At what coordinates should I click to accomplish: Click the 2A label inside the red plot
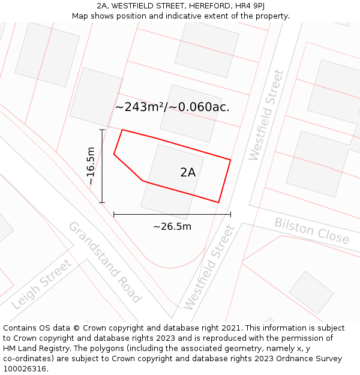tap(188, 172)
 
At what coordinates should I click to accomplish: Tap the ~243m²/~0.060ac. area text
tap(172, 107)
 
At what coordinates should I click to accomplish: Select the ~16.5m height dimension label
tap(91, 166)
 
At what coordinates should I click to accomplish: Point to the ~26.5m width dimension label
tap(172, 226)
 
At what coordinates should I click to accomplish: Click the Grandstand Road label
tap(104, 262)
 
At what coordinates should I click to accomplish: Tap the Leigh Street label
tap(41, 284)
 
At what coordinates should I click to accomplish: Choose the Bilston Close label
tap(311, 230)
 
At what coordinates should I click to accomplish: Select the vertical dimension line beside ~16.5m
tap(102, 166)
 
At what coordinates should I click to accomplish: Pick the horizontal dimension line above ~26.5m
tap(172, 214)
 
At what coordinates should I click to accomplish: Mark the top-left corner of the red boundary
tap(122, 130)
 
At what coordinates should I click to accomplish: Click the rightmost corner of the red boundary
tap(231, 160)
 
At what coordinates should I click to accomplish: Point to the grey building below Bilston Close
tap(311, 292)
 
